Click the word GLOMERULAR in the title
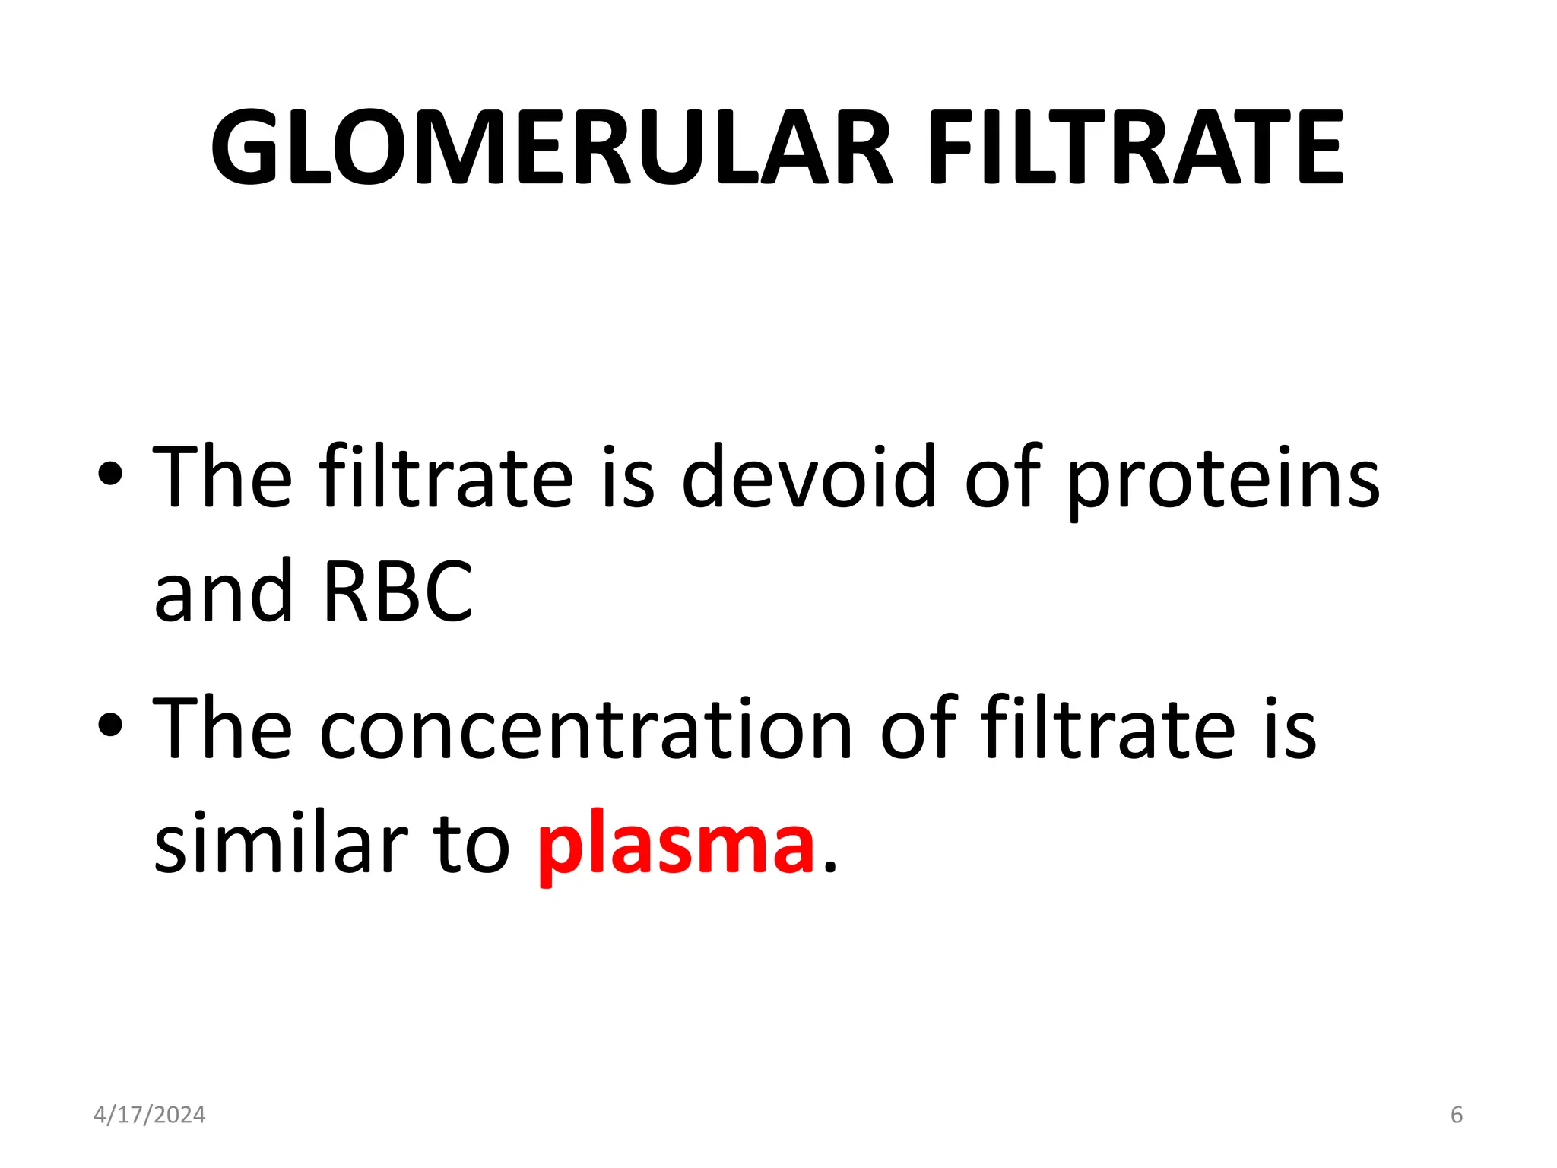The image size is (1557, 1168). click(550, 148)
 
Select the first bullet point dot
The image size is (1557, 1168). click(110, 474)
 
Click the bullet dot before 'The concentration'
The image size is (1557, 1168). click(110, 725)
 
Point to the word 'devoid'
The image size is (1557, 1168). click(809, 478)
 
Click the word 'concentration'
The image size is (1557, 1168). click(586, 728)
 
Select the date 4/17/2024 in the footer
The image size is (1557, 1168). click(149, 1115)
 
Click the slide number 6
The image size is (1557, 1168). click(1457, 1115)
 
